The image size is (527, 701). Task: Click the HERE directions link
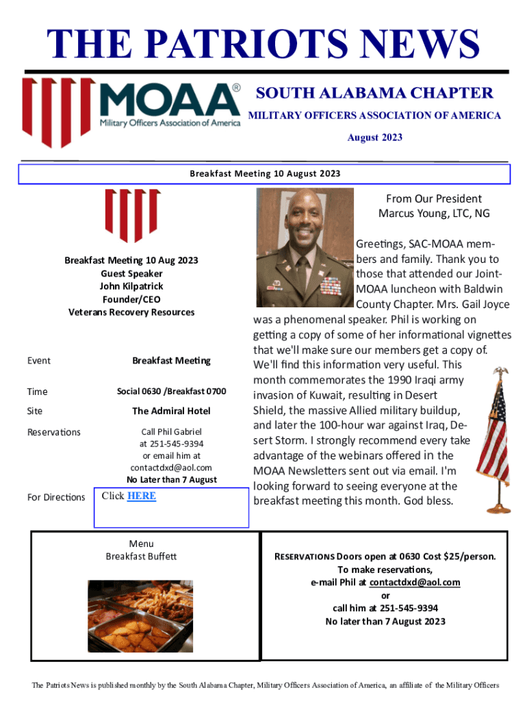(x=142, y=496)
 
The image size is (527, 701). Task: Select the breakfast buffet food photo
(x=140, y=615)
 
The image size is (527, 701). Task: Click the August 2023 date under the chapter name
(x=374, y=138)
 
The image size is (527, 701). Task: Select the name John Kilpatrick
(x=131, y=286)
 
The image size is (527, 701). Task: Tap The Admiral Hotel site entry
(x=171, y=411)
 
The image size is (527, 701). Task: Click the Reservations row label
(x=54, y=432)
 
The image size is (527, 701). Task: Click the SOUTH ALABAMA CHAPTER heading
(x=374, y=93)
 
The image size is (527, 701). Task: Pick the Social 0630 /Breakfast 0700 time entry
(x=171, y=392)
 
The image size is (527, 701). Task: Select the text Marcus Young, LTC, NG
(x=434, y=214)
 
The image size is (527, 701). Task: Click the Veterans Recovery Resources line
(x=131, y=312)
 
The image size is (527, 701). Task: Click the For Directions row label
(x=56, y=497)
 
